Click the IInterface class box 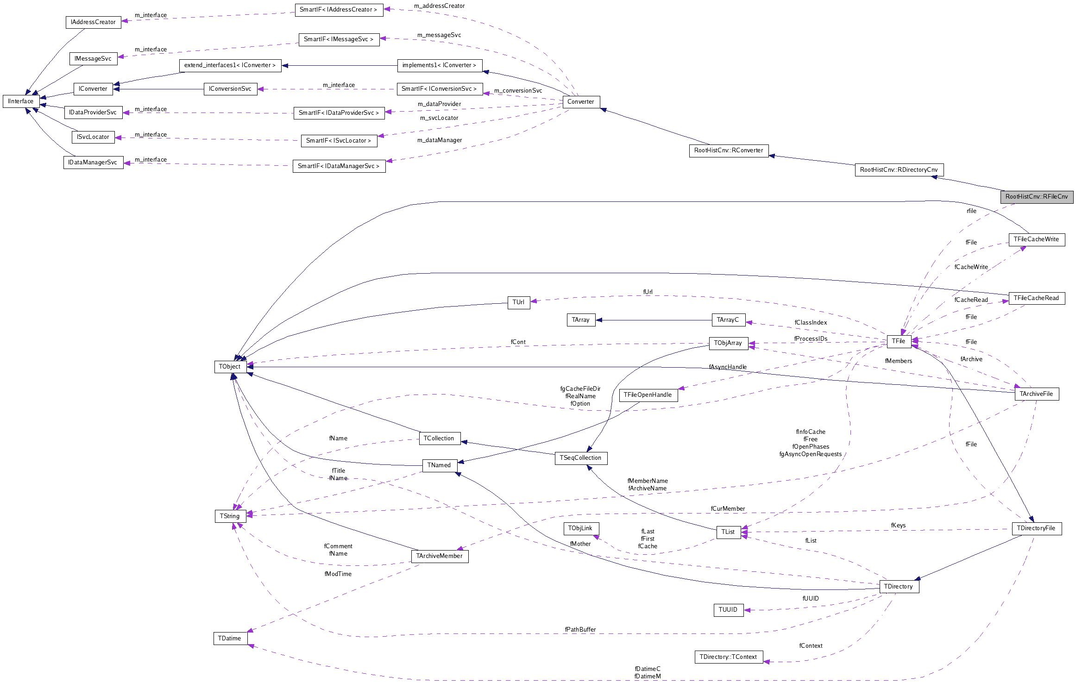click(x=21, y=101)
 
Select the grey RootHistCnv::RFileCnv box click(x=1037, y=197)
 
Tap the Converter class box click(x=581, y=102)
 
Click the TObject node click(x=230, y=367)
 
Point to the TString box click(x=230, y=516)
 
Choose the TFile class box click(x=899, y=341)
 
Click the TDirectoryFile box click(x=1036, y=528)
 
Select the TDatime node click(x=230, y=639)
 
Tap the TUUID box click(x=728, y=610)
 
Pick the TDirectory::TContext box click(x=728, y=657)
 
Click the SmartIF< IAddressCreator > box click(x=339, y=10)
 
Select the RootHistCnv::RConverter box click(x=729, y=150)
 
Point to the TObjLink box click(x=580, y=528)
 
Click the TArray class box click(x=581, y=320)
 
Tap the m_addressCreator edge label click(x=439, y=6)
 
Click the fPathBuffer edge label click(x=580, y=630)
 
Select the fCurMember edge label click(x=728, y=509)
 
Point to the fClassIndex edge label click(x=811, y=323)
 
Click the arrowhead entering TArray click(x=599, y=320)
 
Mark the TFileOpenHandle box click(x=648, y=395)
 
